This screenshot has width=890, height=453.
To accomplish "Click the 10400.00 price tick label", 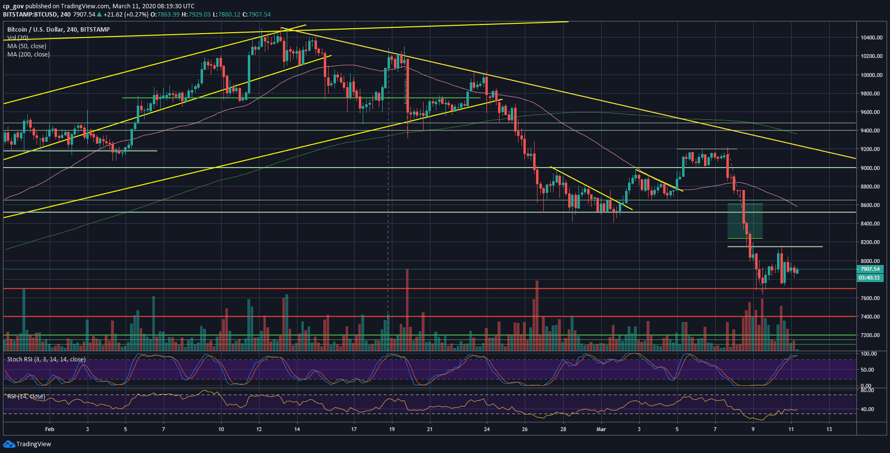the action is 871,38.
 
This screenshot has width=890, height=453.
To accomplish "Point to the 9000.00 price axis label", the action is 871,168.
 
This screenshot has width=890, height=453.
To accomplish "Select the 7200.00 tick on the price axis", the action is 871,335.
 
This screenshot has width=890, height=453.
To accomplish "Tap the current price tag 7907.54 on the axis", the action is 870,269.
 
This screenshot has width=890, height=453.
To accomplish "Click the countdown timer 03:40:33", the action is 870,278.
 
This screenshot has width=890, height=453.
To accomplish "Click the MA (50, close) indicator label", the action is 27,46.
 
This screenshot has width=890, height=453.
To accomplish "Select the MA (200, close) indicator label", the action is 28,55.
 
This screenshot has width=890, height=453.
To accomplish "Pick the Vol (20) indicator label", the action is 18,38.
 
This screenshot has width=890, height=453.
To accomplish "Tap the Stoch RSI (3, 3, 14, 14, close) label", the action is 46,359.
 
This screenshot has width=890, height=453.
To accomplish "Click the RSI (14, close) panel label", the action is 26,396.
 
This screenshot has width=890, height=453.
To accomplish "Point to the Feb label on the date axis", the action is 49,429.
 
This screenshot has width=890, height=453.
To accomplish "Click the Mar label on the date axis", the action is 601,429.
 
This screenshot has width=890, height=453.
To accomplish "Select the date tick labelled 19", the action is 392,429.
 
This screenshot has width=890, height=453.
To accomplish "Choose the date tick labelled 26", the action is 524,429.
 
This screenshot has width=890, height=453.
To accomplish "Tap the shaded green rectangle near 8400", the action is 745,221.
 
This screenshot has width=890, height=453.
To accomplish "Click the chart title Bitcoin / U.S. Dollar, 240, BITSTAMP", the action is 58,30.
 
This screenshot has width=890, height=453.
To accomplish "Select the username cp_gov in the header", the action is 13,6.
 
